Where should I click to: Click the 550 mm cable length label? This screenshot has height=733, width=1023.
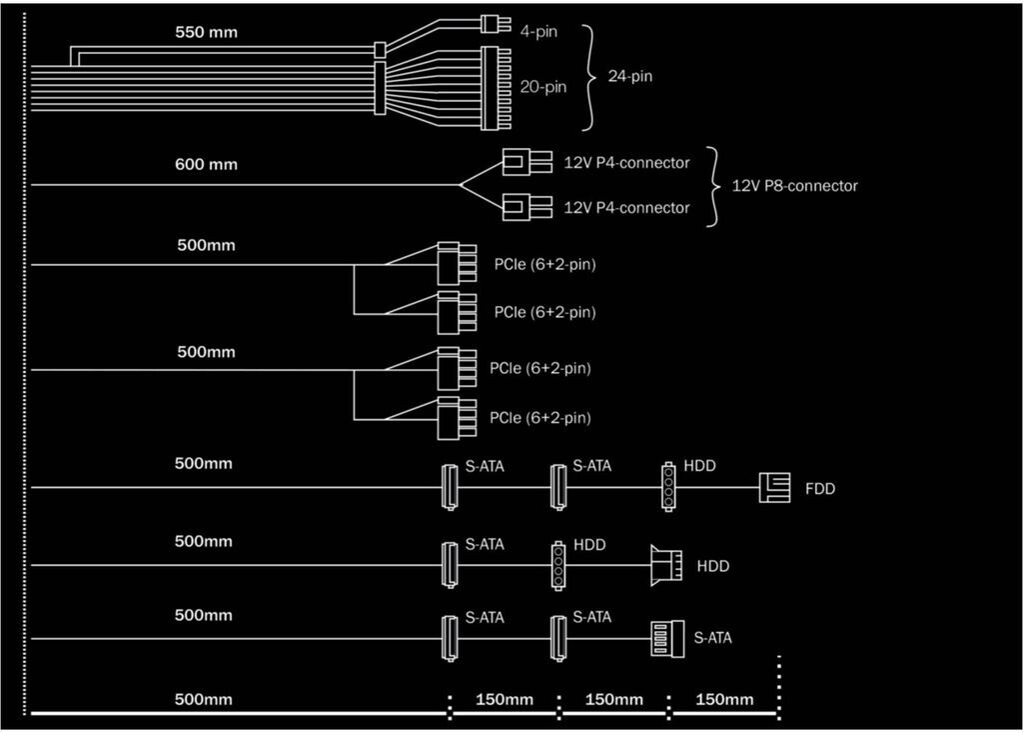[x=206, y=32]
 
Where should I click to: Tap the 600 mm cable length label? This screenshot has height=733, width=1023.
[x=206, y=164]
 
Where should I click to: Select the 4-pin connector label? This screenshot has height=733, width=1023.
[x=538, y=31]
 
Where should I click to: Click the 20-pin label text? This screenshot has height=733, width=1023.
[x=542, y=87]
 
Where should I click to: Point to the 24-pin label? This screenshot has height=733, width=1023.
[x=630, y=76]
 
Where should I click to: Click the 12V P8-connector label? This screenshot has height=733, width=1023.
[x=794, y=186]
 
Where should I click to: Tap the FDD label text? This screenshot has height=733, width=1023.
[x=820, y=489]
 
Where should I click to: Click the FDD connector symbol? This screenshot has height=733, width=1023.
[x=774, y=487]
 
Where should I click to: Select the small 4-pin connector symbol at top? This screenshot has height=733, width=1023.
[x=496, y=24]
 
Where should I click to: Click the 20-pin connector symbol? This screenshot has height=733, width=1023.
[x=497, y=88]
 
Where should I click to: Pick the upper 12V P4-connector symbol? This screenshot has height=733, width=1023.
[x=527, y=162]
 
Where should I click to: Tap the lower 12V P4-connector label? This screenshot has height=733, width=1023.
[x=626, y=208]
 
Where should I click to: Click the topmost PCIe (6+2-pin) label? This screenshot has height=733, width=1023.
[x=544, y=265]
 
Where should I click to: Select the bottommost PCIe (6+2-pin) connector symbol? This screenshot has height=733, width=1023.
[x=457, y=418]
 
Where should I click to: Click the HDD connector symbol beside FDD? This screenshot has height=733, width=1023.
[x=668, y=487]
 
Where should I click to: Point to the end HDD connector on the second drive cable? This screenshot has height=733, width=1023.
[x=666, y=565]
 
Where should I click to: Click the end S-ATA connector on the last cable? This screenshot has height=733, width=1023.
[x=667, y=638]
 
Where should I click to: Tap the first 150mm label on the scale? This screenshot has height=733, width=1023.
[x=505, y=700]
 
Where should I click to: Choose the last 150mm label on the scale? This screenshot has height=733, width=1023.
[x=724, y=700]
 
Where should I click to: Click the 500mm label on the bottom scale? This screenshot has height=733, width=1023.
[x=204, y=700]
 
